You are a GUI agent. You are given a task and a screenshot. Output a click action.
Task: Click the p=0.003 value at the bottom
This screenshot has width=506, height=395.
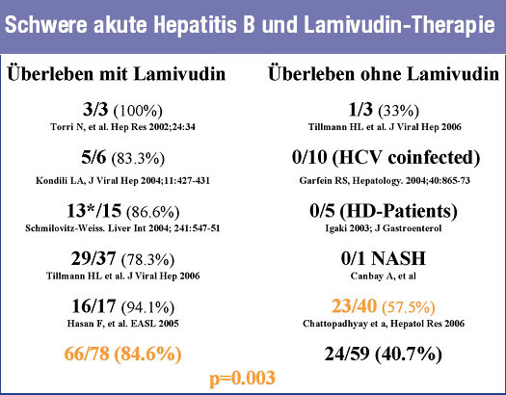click(x=242, y=378)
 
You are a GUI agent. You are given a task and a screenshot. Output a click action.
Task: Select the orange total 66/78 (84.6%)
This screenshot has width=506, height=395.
click(x=123, y=354)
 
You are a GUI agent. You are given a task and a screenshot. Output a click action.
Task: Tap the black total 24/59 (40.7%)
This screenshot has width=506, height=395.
click(x=383, y=354)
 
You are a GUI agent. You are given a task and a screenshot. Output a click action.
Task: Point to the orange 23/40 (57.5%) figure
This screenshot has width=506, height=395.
click(x=384, y=306)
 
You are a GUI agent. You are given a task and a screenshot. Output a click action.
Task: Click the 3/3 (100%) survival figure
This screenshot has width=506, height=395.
click(x=122, y=110)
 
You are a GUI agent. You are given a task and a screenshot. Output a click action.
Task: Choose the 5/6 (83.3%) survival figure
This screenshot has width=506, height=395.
click(x=122, y=158)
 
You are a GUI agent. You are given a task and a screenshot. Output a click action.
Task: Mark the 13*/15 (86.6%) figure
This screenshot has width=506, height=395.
click(x=122, y=211)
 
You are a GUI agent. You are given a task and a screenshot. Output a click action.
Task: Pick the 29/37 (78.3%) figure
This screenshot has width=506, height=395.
click(x=122, y=259)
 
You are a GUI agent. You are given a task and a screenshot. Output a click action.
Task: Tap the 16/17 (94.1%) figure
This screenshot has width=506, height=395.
click(x=122, y=306)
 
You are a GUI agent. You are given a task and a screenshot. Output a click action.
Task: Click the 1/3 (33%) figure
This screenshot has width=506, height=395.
click(x=384, y=110)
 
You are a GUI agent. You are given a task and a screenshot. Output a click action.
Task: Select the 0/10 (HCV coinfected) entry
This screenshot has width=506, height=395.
click(x=386, y=158)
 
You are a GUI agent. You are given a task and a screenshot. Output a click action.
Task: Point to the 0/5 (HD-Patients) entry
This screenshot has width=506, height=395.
click(x=384, y=211)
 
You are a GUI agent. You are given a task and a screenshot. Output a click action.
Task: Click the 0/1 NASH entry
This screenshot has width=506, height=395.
click(x=384, y=258)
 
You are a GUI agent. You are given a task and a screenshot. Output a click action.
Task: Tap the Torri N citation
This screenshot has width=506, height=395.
click(x=123, y=127)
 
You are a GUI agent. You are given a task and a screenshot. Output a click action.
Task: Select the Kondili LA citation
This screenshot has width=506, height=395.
click(x=123, y=180)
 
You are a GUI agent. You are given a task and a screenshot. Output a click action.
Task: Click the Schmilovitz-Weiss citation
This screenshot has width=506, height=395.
click(x=122, y=228)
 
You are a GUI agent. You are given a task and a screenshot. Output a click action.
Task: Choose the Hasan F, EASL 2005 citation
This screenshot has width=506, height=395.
click(x=123, y=324)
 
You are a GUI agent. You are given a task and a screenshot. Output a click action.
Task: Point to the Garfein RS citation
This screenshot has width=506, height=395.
click(x=385, y=180)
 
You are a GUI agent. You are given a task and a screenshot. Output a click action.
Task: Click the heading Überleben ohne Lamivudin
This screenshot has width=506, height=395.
click(x=384, y=74)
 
